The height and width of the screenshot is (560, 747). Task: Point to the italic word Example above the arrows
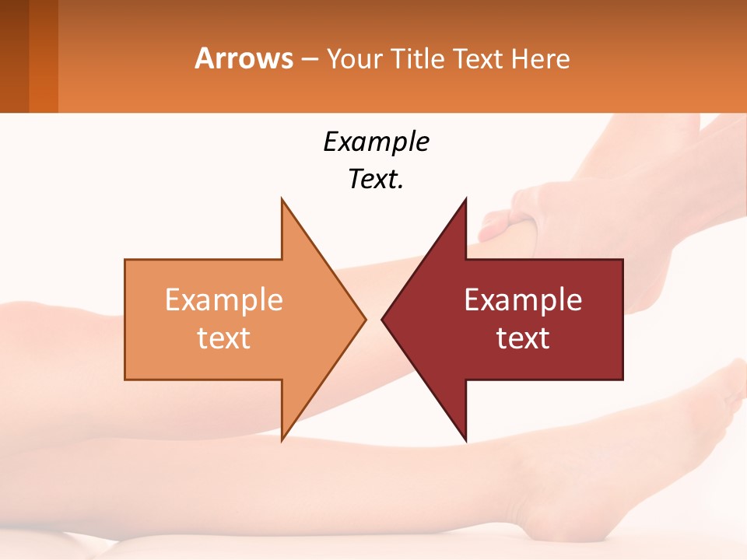[x=376, y=142]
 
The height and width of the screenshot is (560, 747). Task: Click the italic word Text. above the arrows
[x=376, y=179]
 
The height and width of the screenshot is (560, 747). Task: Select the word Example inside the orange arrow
[x=223, y=299]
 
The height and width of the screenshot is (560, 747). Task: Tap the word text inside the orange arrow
[x=223, y=338]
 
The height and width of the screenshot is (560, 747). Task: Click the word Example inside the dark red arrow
[x=523, y=299]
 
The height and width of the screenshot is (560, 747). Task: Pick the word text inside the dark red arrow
[x=523, y=338]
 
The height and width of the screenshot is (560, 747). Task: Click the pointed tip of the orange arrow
[x=364, y=319]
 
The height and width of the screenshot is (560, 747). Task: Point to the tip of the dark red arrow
[x=384, y=319]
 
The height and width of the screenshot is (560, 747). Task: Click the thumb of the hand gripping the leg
[x=498, y=226]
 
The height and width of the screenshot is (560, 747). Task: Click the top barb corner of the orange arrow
[x=282, y=201]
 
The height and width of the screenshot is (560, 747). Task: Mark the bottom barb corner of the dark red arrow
[x=465, y=439]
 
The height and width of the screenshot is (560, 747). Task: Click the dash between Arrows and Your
[x=309, y=59]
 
